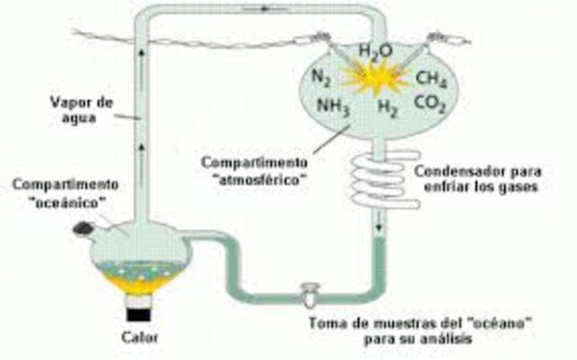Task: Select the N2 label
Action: point(322,76)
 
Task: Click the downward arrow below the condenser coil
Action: point(379,222)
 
